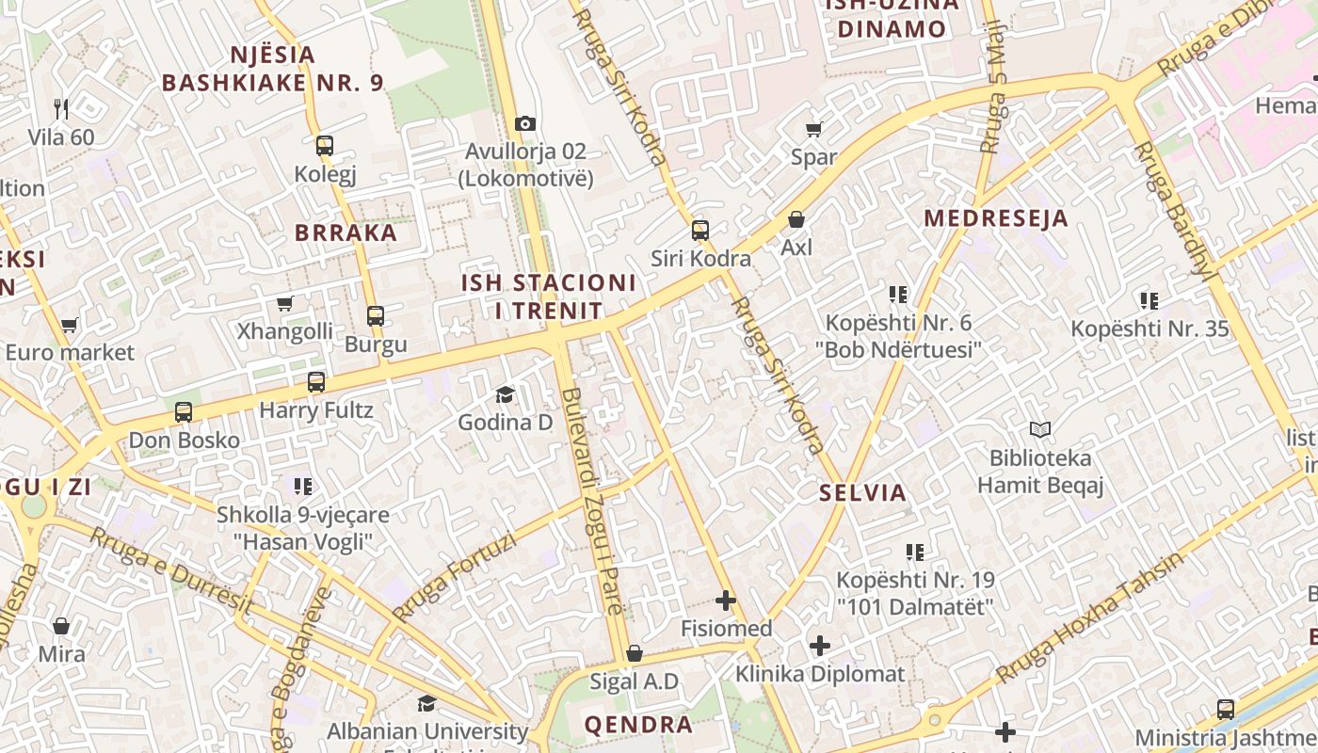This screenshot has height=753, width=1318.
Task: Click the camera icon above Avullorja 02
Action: pyautogui.click(x=525, y=123)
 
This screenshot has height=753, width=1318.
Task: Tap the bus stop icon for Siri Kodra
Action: pyautogui.click(x=699, y=231)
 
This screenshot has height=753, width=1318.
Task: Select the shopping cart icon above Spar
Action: pyautogui.click(x=813, y=129)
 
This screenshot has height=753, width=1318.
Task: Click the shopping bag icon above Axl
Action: pyautogui.click(x=796, y=219)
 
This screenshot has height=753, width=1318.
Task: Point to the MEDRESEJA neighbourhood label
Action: pyautogui.click(x=996, y=218)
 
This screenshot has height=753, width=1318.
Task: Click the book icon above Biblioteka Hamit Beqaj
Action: pyautogui.click(x=1039, y=430)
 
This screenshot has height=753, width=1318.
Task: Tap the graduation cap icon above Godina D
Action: pyautogui.click(x=505, y=394)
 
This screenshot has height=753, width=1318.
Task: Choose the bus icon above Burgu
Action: pyautogui.click(x=375, y=316)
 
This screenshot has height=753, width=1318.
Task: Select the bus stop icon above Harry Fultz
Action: pyautogui.click(x=316, y=382)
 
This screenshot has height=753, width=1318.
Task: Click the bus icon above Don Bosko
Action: pyautogui.click(x=184, y=412)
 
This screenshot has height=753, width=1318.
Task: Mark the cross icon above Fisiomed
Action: pyautogui.click(x=726, y=601)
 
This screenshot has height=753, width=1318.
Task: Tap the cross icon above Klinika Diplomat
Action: pyautogui.click(x=820, y=646)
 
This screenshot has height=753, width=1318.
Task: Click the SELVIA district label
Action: pyautogui.click(x=862, y=492)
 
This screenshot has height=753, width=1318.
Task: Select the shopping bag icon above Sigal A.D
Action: pyautogui.click(x=635, y=653)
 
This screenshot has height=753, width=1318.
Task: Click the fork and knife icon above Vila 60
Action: pyautogui.click(x=61, y=109)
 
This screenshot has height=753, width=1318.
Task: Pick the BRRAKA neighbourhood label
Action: pyautogui.click(x=346, y=232)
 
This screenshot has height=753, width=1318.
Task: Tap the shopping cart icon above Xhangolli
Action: pyautogui.click(x=284, y=303)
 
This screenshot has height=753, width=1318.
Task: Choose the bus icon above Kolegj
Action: pyautogui.click(x=325, y=146)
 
